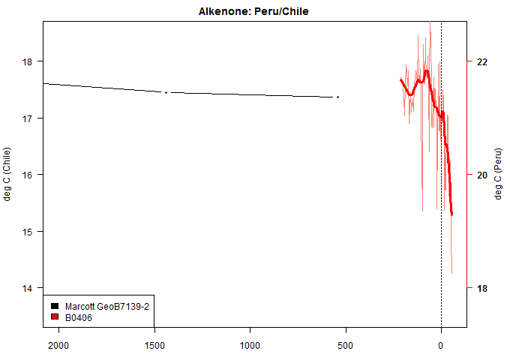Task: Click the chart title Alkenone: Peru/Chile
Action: (253, 12)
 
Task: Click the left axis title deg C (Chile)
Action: (8, 174)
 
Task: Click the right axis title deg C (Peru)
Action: (499, 174)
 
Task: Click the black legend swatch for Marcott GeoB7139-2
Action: (55, 307)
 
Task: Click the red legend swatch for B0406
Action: (55, 317)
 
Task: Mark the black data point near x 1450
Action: (166, 92)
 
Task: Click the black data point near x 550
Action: (337, 97)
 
